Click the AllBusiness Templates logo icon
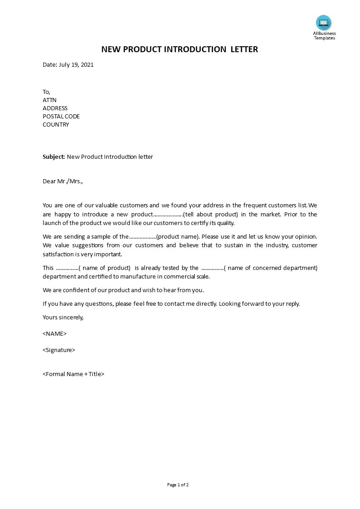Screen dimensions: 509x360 coord(324,23)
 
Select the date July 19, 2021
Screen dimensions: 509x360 coord(76,65)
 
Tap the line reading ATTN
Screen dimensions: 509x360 coord(49,100)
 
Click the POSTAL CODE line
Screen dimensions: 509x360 coord(61,117)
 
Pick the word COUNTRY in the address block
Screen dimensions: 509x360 coord(56,125)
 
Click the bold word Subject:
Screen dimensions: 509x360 coord(54,157)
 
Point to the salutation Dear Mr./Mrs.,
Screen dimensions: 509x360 coord(63,181)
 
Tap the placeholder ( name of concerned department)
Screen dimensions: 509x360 coord(271,268)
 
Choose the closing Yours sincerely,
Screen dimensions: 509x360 coord(63,318)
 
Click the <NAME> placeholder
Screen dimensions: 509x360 coord(54,334)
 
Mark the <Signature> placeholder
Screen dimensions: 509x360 coord(59,350)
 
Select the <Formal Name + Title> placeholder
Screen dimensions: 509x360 coord(74,374)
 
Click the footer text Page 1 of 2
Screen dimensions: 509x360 coord(178,485)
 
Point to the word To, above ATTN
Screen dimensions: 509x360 coord(47,92)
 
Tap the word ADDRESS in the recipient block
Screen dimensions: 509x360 coord(55,108)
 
